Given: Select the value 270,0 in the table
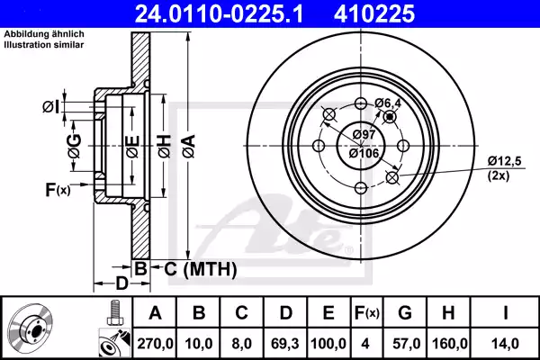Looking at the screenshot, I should click(155, 341).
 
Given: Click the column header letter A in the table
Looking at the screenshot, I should click(155, 313).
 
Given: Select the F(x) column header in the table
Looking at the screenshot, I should click(367, 313).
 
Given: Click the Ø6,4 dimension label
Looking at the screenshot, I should click(387, 103).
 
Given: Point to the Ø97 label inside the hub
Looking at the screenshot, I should click(363, 134).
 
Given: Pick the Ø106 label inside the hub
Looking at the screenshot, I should click(363, 153).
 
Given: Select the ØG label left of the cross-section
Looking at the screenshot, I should click(76, 142).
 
